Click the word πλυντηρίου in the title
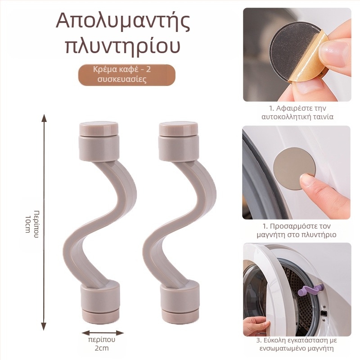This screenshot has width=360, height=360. (123, 46)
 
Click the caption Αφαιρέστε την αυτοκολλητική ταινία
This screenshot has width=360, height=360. (297, 112)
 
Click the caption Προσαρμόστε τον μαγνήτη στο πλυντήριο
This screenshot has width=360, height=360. (297, 230)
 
